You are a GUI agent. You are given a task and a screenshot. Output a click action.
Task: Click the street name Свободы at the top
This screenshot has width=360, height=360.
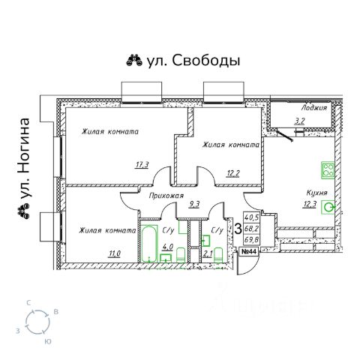(206, 61)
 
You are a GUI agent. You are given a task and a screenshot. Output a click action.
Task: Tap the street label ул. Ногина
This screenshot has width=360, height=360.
(25, 159)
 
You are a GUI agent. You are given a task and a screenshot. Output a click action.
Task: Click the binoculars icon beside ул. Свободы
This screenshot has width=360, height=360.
(134, 60)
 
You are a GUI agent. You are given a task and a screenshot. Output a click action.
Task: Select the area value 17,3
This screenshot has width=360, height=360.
(142, 165)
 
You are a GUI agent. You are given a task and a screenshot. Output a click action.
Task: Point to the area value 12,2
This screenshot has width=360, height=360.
(232, 173)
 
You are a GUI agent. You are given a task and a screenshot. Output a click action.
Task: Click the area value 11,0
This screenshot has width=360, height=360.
(114, 254)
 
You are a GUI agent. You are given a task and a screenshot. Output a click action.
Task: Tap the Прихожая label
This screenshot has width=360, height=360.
(166, 196)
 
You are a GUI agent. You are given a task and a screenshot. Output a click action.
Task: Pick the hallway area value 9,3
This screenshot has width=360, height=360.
(195, 205)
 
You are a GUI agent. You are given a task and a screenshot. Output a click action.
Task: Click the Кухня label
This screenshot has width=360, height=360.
(316, 193)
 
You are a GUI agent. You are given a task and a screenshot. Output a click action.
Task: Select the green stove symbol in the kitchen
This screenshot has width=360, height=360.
(328, 170)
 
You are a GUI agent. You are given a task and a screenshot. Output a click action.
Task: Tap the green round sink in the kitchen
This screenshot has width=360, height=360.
(328, 207)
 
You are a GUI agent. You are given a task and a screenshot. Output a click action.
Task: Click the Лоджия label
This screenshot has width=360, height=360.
(314, 108)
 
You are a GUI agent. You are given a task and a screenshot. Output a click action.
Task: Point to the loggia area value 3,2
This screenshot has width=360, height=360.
(299, 121)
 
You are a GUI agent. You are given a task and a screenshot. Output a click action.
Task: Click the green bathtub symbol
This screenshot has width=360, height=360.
(150, 244)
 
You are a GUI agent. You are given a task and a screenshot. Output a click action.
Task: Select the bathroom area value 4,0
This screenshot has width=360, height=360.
(167, 247)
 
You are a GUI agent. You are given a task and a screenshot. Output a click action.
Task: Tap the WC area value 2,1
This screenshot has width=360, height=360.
(208, 254)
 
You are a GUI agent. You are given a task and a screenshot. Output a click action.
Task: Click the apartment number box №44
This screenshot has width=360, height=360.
(248, 252)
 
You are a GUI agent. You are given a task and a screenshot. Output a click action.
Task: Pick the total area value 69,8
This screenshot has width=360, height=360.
(251, 240)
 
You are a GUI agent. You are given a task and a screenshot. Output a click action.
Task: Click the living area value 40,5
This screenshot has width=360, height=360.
(251, 217)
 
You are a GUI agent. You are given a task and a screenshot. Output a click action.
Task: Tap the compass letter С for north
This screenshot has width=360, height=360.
(28, 303)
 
